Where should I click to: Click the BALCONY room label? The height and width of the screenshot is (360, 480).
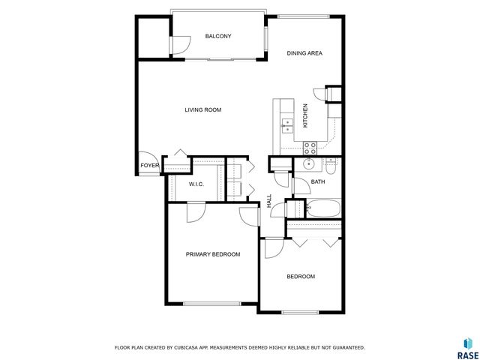[x=218, y=36]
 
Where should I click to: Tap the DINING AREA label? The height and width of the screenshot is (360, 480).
[x=305, y=52]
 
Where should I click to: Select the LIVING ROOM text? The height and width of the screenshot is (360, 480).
[x=203, y=110]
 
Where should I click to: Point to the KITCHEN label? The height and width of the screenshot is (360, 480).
[x=305, y=115]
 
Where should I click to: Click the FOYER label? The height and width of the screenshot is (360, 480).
[x=148, y=166]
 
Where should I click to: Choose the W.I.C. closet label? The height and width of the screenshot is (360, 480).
[x=196, y=184]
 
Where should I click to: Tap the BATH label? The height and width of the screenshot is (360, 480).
[x=318, y=182]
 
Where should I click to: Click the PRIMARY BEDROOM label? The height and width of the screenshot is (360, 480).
[x=213, y=254]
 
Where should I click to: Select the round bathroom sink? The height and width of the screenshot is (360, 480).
[x=307, y=165]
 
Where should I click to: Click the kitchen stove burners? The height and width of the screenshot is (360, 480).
[x=309, y=147]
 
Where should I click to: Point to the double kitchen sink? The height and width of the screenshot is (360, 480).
[x=286, y=124]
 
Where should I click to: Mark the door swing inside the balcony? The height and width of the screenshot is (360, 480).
[x=179, y=45]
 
